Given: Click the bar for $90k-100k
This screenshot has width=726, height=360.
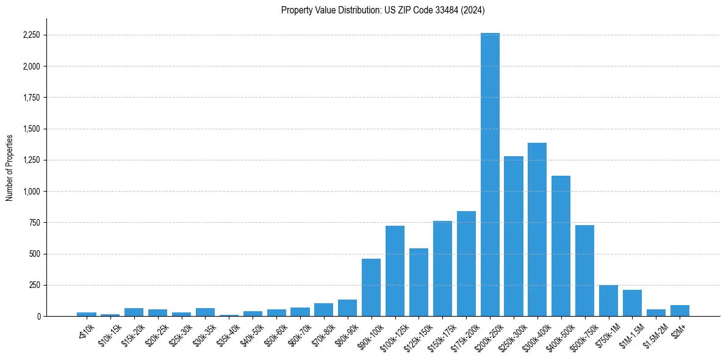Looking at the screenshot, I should pos(371,287).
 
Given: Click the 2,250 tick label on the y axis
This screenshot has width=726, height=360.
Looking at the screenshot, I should pos(31,35).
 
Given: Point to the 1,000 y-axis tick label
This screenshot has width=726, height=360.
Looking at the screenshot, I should pos(31,192).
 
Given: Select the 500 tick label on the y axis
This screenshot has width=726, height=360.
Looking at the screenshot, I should pos(35,254).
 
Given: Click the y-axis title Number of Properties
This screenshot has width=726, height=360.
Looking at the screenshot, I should pos(9,167).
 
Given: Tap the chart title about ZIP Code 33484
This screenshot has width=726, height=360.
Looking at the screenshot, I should pos(383,10).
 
